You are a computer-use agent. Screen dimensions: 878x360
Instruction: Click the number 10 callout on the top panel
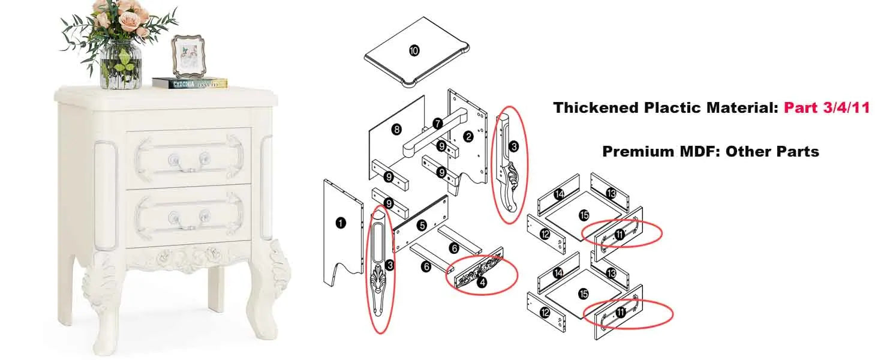[414, 50]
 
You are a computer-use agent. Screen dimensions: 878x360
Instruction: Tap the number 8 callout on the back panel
[396, 129]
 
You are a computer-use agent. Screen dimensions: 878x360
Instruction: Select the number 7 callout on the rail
[438, 124]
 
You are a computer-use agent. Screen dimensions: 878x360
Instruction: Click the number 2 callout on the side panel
[468, 136]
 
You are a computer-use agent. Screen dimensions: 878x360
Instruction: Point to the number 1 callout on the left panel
[341, 223]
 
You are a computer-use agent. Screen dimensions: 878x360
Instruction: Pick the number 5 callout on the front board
[422, 225]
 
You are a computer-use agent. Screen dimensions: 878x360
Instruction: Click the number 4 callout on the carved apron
[482, 282]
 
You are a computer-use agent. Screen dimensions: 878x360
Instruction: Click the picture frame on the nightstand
[188, 56]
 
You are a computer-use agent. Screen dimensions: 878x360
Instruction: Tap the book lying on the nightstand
[190, 83]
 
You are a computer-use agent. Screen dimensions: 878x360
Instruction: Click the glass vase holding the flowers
[121, 65]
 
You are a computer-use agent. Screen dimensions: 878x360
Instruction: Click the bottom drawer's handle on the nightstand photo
[188, 220]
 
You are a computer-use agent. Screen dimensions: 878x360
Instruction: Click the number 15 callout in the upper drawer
[584, 215]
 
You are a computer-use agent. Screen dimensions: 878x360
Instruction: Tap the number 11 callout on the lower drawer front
[621, 312]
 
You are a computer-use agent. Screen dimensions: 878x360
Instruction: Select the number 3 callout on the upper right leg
[513, 146]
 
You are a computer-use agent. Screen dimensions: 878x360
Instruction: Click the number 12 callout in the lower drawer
[545, 312]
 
